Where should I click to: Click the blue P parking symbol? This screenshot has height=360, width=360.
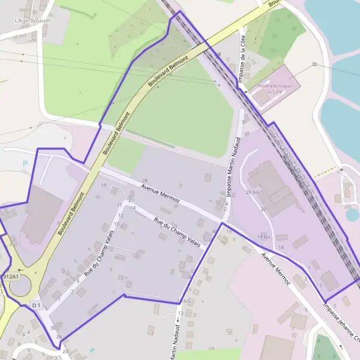point(25,163)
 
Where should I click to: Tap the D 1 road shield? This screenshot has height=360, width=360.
point(36,306)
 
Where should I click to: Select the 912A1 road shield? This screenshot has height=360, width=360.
point(10,277)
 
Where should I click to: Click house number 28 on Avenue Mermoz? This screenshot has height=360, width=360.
point(145,181)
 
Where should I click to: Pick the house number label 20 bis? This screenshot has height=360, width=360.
point(252,192)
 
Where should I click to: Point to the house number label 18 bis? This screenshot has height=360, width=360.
point(264,238)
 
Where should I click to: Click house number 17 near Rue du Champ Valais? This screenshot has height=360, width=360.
point(119,205)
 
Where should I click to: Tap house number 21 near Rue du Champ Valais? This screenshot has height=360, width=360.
point(131,200)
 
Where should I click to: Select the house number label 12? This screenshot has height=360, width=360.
point(121,215)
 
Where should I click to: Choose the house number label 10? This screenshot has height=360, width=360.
point(116,224)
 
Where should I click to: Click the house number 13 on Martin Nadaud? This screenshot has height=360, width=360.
point(180,313)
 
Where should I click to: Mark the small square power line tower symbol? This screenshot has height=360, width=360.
point(314,64)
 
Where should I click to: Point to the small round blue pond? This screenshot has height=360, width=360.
point(352,214)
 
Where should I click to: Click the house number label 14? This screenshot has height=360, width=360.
point(133,208)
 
